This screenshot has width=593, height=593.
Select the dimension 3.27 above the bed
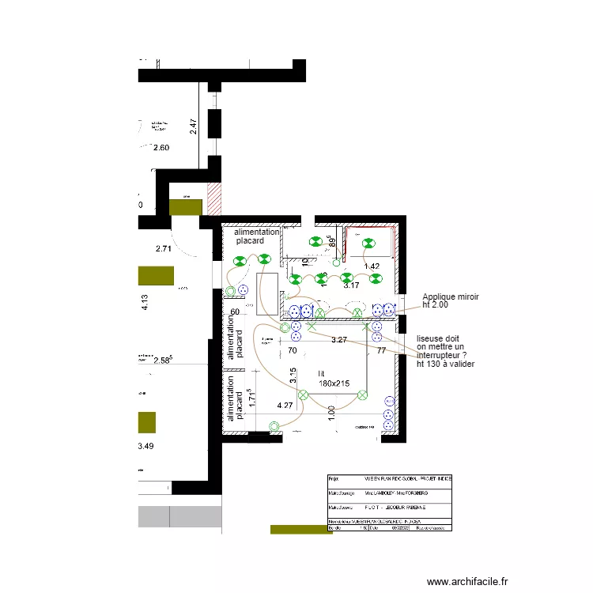coord(339,339)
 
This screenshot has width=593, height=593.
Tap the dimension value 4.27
coord(285,406)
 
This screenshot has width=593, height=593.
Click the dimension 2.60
coord(161,148)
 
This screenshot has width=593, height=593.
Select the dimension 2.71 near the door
coord(164,249)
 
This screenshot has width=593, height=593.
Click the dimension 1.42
coord(372,266)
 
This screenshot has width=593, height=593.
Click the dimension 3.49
coord(145,447)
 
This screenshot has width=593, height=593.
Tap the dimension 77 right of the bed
coord(381,349)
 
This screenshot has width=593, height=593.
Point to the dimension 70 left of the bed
coord(292,349)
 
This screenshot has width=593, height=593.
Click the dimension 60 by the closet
coord(236,312)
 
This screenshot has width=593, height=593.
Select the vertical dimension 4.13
coord(145,303)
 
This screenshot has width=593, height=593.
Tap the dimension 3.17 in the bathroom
coord(352,285)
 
